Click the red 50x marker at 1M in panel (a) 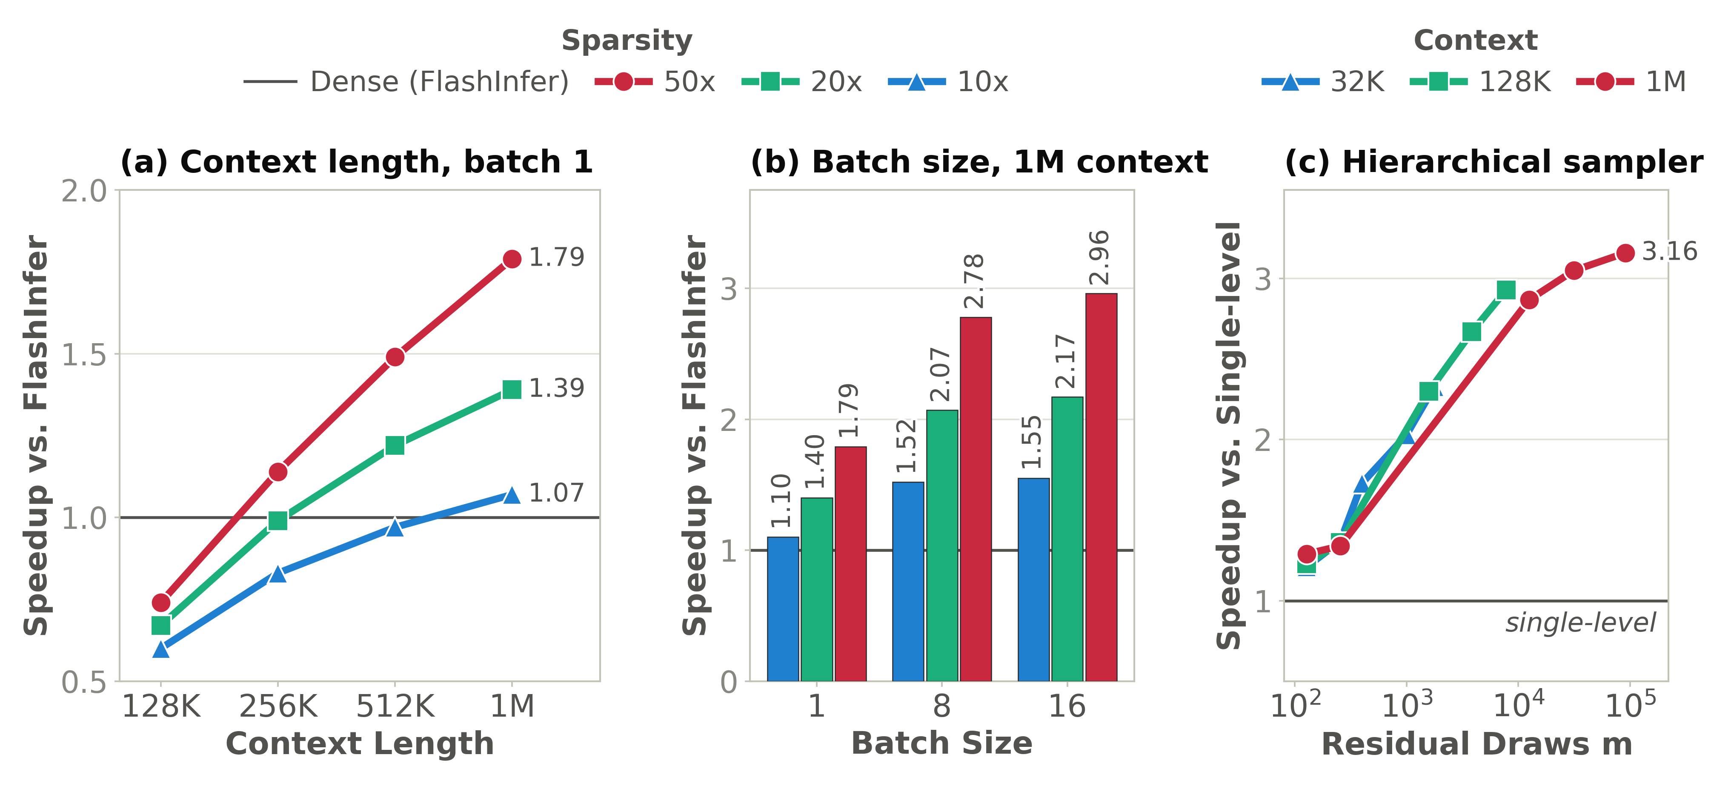click(512, 258)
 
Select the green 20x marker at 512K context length click(395, 445)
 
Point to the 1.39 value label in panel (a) click(557, 388)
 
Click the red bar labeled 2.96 click(1101, 487)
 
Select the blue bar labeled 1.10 click(783, 608)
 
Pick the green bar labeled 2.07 click(942, 545)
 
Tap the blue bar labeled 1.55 click(1033, 580)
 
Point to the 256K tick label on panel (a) click(278, 706)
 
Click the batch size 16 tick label click(1067, 706)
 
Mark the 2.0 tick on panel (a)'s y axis click(84, 191)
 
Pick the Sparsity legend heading click(627, 40)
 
